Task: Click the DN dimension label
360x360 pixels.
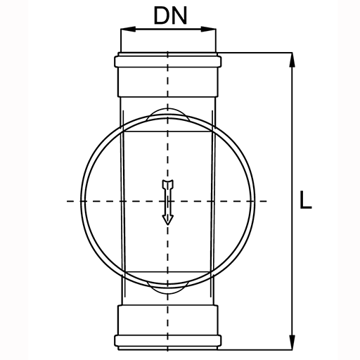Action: pyautogui.click(x=170, y=15)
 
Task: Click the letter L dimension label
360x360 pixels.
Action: pyautogui.click(x=306, y=200)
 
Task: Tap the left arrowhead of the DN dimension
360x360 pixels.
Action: pyautogui.click(x=128, y=29)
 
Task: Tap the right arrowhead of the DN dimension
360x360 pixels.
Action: pyautogui.click(x=208, y=29)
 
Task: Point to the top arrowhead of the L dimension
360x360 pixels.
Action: pyautogui.click(x=292, y=60)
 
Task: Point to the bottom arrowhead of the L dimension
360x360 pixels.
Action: pyautogui.click(x=292, y=342)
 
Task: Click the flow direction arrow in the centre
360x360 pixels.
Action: pyautogui.click(x=168, y=202)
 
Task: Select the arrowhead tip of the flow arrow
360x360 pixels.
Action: pyautogui.click(x=168, y=225)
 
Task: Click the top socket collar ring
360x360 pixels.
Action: pyautogui.click(x=168, y=61)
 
